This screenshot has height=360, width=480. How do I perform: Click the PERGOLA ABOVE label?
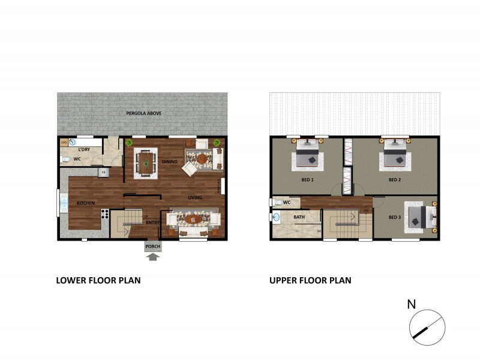coord(143,113)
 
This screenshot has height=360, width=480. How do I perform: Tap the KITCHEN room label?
coord(85,203)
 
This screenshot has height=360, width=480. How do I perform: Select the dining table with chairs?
coord(145,161)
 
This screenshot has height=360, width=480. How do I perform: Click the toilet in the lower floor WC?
coord(67,159)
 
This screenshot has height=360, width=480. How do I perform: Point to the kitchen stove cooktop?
coord(104,213)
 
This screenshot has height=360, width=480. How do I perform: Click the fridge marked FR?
coord(103,173)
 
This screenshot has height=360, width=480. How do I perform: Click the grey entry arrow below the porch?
coord(153,257)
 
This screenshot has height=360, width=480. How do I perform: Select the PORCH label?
coord(152,246)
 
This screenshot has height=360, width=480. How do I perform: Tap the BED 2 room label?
coord(394,179)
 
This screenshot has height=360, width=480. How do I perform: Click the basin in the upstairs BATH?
coord(277,218)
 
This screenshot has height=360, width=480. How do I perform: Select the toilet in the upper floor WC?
coord(277,203)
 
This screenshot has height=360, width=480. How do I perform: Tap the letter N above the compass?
coord(412,304)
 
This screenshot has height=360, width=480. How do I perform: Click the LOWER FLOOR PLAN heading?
coord(98,280)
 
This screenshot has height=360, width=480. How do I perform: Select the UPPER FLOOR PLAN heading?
coord(310,280)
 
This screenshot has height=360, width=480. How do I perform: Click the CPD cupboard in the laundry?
coord(64,143)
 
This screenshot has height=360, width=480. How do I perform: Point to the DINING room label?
coord(170,161)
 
